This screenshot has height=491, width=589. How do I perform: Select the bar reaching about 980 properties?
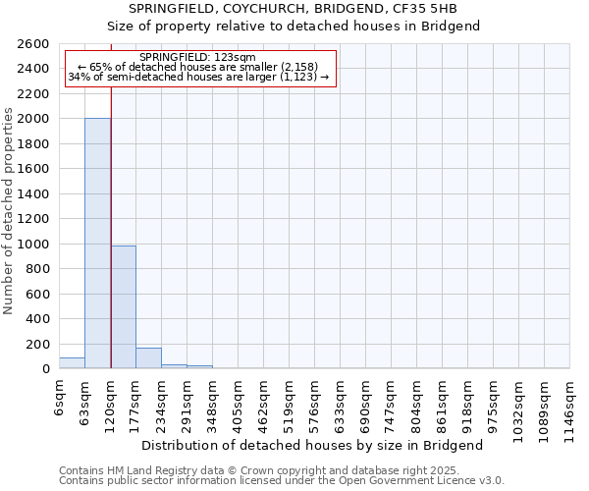(x=123, y=307)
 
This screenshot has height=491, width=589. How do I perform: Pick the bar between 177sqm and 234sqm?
(x=148, y=358)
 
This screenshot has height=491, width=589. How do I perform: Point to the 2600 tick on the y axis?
(x=34, y=44)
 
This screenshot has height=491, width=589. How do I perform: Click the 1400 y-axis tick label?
(x=34, y=193)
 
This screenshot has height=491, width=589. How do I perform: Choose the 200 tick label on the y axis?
(x=38, y=344)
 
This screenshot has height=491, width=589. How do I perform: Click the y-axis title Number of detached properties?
(x=9, y=206)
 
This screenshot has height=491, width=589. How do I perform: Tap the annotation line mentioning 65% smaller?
(x=200, y=67)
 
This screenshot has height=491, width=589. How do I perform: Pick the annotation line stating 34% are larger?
(x=200, y=77)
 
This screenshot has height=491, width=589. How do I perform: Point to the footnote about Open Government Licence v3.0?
(x=282, y=481)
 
